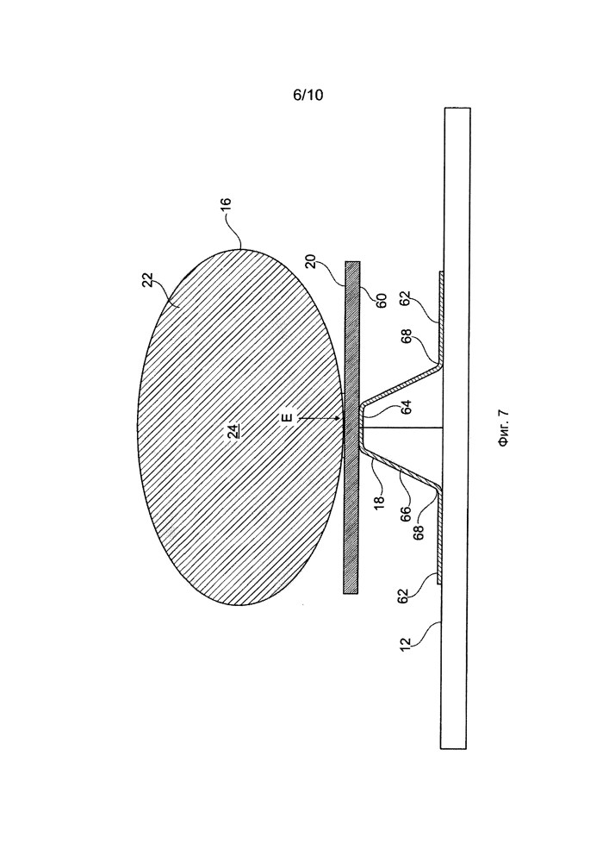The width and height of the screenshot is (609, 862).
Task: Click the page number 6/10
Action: (x=308, y=96)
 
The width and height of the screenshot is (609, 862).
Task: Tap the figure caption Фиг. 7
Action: (x=504, y=429)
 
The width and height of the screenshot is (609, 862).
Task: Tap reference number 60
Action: (x=382, y=300)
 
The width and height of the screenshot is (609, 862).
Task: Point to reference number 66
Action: (x=405, y=514)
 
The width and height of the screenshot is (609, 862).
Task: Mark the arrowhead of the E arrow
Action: (x=342, y=419)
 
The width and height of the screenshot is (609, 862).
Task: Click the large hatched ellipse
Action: (x=240, y=428)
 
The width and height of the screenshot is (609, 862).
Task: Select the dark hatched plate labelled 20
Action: (x=351, y=428)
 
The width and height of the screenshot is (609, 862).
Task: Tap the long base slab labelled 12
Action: (x=455, y=428)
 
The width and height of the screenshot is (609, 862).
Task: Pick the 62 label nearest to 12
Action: (x=403, y=596)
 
